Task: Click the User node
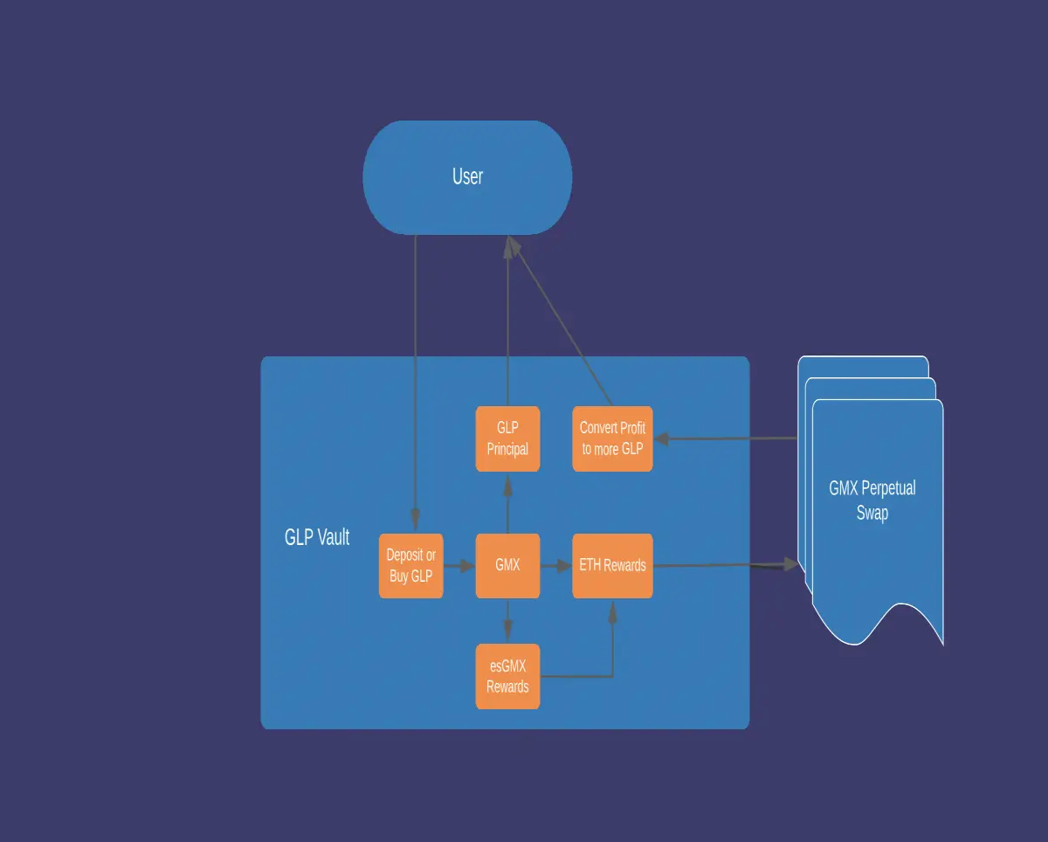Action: click(x=467, y=178)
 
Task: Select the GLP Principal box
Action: click(x=507, y=438)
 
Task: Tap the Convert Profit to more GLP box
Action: click(x=612, y=438)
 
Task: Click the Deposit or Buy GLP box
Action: click(x=411, y=566)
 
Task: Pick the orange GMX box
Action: click(x=507, y=566)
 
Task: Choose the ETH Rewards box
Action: click(x=612, y=566)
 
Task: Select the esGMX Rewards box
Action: click(x=507, y=676)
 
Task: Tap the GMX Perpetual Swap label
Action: click(x=872, y=500)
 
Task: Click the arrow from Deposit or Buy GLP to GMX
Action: click(x=459, y=566)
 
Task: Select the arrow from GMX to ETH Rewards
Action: click(x=556, y=566)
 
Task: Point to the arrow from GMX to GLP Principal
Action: click(x=507, y=504)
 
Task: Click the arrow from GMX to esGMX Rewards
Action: click(x=507, y=621)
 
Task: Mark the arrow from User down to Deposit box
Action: click(x=416, y=383)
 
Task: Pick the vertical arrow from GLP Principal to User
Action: click(x=507, y=321)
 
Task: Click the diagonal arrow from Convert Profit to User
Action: click(x=560, y=321)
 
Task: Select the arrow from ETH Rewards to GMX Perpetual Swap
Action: click(x=726, y=565)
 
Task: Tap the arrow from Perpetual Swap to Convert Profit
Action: click(x=726, y=438)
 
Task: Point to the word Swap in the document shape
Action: click(x=872, y=513)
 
